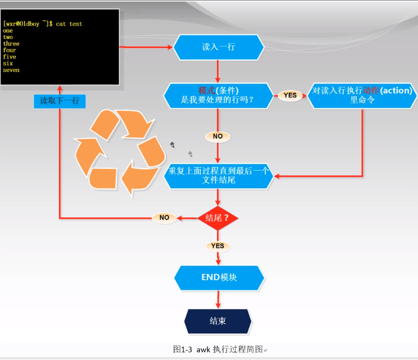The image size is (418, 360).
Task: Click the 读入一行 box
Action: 218,47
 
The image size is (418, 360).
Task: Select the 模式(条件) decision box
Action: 218,95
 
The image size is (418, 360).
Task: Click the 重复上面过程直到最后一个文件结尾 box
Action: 218,175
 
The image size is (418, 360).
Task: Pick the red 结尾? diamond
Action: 218,218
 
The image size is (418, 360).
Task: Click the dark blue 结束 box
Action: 218,321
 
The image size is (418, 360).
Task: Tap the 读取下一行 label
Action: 60,101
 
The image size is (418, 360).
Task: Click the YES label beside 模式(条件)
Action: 290,95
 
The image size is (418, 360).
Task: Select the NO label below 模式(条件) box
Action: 218,136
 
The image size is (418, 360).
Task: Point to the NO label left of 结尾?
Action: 164,218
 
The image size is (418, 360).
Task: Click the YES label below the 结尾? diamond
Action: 218,246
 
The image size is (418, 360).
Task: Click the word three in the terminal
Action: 11,44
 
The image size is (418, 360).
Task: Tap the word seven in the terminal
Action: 11,70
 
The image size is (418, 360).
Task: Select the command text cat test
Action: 69,24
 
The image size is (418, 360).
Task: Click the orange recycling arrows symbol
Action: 120,152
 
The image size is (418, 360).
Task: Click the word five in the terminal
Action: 9,57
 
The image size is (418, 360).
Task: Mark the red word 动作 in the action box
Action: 372,91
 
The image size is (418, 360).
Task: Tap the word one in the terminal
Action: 8,30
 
